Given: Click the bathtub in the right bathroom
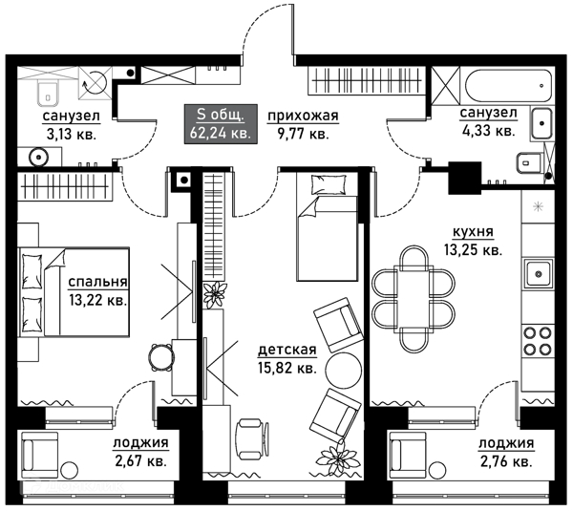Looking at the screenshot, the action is pos(508,86).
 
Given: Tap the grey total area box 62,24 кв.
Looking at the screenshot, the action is pos(220,124).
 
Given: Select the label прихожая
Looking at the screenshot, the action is pos(304,116).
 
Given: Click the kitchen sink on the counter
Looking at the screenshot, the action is pos(538,273).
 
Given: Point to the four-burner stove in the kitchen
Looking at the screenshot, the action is pos(538,341).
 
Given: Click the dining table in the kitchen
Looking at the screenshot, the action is pos(414,299).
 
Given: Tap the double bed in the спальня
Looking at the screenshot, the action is pos(74,291).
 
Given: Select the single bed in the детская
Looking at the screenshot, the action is pos(327,227).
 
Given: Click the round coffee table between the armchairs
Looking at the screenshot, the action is pos(343,370).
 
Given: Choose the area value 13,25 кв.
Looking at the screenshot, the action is pos(473,250).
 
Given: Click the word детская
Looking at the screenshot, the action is pos(287,350).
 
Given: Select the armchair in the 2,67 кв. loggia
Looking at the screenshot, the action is pos(40,455).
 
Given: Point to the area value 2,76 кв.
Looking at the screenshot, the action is pos(506,461).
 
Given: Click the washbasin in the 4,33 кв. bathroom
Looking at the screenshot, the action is pos(541,123).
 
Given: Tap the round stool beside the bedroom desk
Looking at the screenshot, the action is pos(161,357).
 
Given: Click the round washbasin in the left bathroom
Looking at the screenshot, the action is pos(39,158).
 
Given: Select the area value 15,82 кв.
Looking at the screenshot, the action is pos(287,368).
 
